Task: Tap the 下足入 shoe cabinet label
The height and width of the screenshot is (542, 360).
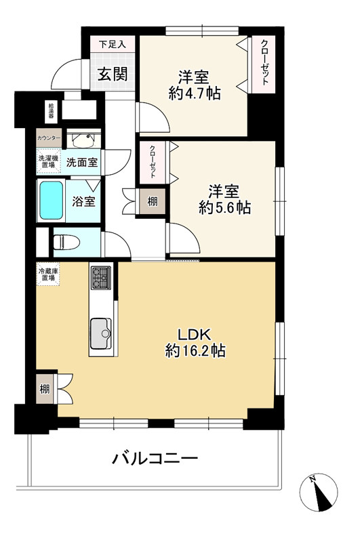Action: (113, 45)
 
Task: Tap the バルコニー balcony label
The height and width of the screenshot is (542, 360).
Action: (155, 459)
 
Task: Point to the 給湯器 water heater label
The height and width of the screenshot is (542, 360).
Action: (51, 110)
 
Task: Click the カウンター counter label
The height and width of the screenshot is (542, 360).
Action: (49, 138)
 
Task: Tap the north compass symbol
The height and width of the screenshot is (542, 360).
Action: (321, 492)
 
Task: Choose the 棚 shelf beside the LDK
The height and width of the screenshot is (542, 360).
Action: (44, 388)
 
